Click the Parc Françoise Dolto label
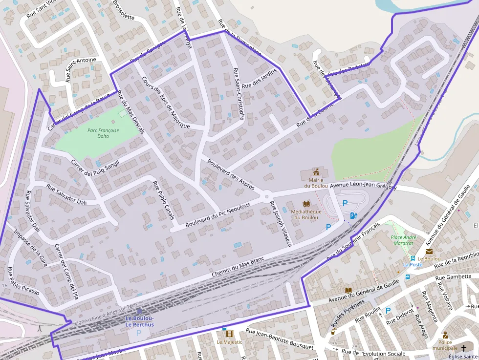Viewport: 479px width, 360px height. pos(103,133)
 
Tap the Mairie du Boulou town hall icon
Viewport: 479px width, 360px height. pos(316,172)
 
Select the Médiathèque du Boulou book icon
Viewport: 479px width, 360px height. pos(306,204)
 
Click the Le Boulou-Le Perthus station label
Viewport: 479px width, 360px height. pos(140,321)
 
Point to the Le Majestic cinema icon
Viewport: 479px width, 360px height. pos(229,334)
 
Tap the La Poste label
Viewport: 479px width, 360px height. pos(412,265)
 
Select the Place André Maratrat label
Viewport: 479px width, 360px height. pos(403,239)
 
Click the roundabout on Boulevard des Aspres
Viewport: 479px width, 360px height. pos(267,197)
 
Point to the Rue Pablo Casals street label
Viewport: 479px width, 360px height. pos(163,200)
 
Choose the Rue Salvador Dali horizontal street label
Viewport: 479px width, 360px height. pos(66,194)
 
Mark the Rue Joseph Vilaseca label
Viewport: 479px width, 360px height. pos(281,223)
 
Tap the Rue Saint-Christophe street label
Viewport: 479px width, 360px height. pos(239,94)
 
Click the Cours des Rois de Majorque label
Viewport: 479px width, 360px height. pos(165,103)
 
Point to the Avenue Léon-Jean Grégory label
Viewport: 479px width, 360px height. pos(363,186)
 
